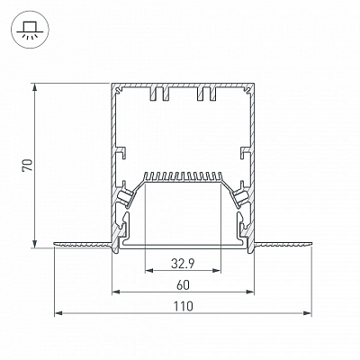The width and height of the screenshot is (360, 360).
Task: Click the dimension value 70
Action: tap(28, 165)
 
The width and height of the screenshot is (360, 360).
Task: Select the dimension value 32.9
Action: tap(183, 264)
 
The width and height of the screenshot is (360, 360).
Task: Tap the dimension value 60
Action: tap(183, 285)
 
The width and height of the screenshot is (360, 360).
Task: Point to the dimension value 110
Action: tap(183, 306)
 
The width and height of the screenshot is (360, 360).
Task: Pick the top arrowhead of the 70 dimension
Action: tap(35, 87)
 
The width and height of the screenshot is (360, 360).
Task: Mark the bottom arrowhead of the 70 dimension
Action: tap(35, 244)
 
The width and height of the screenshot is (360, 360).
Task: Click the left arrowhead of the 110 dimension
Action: tap(58, 313)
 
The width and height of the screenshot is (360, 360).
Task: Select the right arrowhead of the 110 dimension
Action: tap(307, 313)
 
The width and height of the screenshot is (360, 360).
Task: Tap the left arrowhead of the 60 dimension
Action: tap(116, 292)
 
